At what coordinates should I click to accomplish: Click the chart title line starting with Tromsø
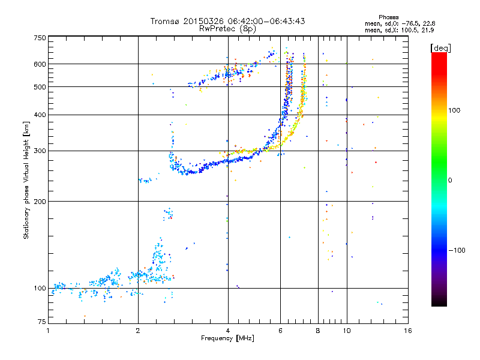click(x=227, y=21)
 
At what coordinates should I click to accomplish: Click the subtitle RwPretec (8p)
click(x=227, y=28)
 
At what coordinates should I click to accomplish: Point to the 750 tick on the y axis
click(x=40, y=38)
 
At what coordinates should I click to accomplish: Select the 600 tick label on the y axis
click(x=40, y=64)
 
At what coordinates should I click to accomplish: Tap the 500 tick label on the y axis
click(x=40, y=87)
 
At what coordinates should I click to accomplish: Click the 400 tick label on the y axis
click(x=40, y=115)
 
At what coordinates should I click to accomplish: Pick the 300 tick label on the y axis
click(x=40, y=151)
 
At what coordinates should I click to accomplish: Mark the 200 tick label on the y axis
click(x=40, y=201)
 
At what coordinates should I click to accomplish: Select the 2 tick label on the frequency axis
click(x=138, y=331)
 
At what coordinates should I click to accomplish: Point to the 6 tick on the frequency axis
click(x=280, y=331)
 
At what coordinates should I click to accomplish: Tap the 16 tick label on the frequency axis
click(x=407, y=331)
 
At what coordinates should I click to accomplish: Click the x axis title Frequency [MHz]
click(x=227, y=338)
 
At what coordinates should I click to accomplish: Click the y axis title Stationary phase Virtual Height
click(x=26, y=180)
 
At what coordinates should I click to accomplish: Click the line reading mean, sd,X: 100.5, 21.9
click(x=399, y=30)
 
